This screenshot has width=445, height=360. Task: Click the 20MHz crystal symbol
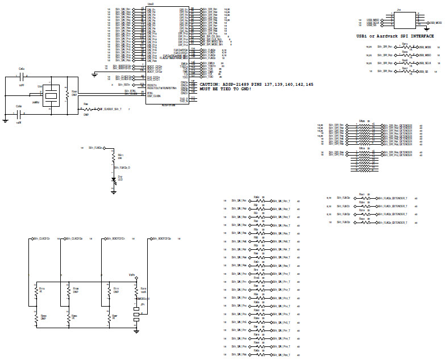point(51,95)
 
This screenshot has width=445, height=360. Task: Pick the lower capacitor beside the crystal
point(19,114)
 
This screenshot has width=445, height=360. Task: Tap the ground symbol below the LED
point(113,192)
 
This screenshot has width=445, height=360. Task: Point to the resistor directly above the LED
point(113,157)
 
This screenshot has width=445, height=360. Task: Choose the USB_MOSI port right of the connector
point(435,23)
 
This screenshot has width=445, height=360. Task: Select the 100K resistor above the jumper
point(136,292)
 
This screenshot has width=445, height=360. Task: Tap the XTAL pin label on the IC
point(151,93)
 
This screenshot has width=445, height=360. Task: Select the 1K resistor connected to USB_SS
point(405,71)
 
